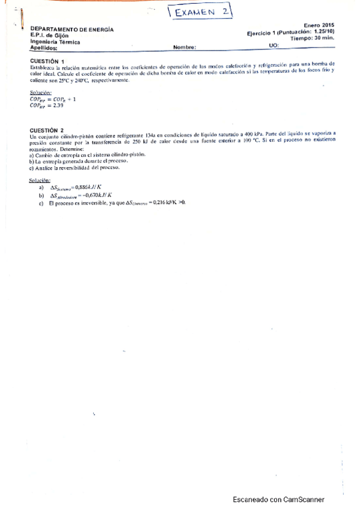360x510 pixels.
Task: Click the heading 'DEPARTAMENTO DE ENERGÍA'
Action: click(x=72, y=29)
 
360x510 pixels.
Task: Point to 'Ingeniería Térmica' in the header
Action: click(x=55, y=41)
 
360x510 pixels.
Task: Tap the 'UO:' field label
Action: click(x=274, y=46)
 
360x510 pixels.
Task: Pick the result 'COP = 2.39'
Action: click(x=46, y=105)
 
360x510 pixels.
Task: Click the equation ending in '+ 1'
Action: click(x=52, y=99)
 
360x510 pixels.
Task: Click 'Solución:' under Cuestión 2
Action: click(x=40, y=180)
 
